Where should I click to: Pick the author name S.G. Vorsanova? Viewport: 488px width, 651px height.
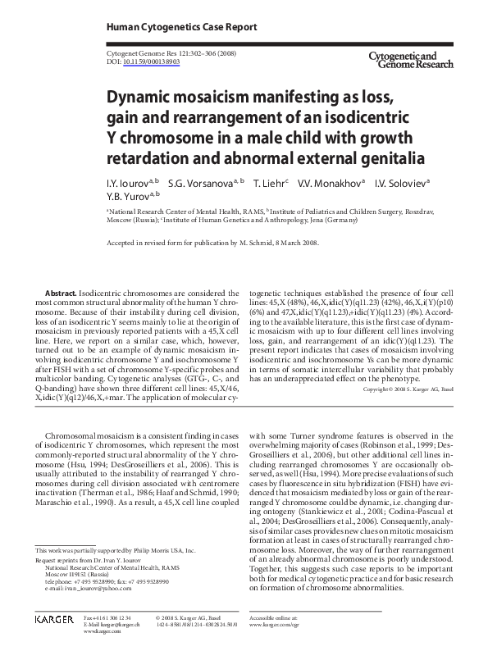click(x=201, y=183)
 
